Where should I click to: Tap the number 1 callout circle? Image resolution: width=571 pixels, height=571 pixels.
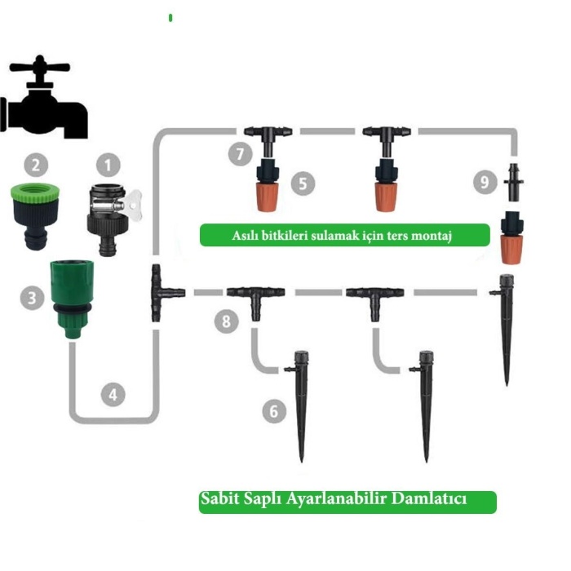[x=107, y=166]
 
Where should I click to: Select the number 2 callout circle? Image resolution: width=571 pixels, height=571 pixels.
[x=35, y=166]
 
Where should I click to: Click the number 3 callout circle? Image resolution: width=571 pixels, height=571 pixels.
[x=32, y=298]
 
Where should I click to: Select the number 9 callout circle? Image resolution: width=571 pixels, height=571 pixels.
[x=486, y=182]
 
